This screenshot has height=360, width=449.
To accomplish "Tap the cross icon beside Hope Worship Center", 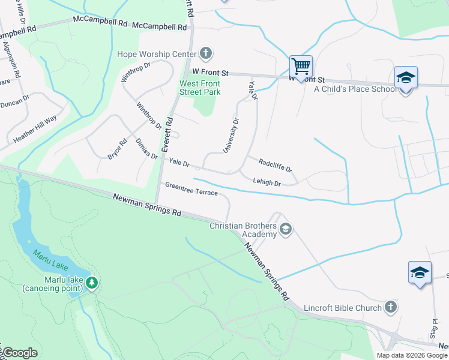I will pyautogui.click(x=205, y=54).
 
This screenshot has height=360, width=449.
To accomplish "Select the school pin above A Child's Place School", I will pyautogui.click(x=406, y=78).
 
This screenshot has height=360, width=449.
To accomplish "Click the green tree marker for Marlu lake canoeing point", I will pyautogui.click(x=91, y=282).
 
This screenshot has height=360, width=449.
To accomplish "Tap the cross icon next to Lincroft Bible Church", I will pyautogui.click(x=390, y=308).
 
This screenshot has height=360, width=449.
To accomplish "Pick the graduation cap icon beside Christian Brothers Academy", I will pyautogui.click(x=286, y=229).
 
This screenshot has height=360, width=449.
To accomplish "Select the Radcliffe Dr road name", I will pyautogui.click(x=275, y=164).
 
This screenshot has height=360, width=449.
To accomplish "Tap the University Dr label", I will pyautogui.click(x=231, y=136).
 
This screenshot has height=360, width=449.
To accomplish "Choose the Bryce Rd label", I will pyautogui.click(x=117, y=149).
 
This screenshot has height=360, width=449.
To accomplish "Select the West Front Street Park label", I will pyautogui.click(x=200, y=88).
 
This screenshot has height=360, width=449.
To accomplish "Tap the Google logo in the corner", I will pyautogui.click(x=20, y=353).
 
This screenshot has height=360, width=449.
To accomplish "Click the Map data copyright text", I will pyautogui.click(x=412, y=355).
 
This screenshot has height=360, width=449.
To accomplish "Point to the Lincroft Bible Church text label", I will pyautogui.click(x=342, y=308).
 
